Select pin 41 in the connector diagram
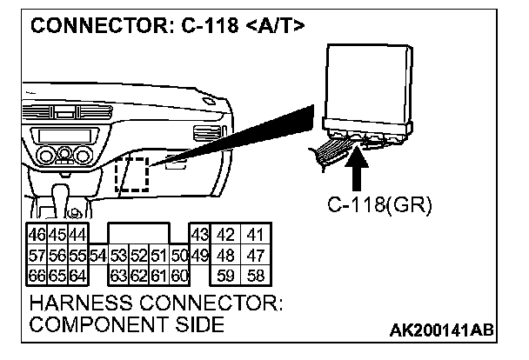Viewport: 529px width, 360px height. point(255,235)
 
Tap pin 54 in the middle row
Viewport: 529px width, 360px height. point(97,256)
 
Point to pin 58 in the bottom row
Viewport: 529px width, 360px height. point(255,277)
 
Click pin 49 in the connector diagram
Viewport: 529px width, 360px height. point(198,256)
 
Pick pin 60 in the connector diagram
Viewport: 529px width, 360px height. point(180,277)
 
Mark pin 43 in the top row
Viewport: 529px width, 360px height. point(198,235)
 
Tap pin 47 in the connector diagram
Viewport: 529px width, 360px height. point(255,256)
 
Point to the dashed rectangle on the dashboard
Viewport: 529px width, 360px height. point(132,177)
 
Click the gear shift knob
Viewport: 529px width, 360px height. point(76,211)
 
